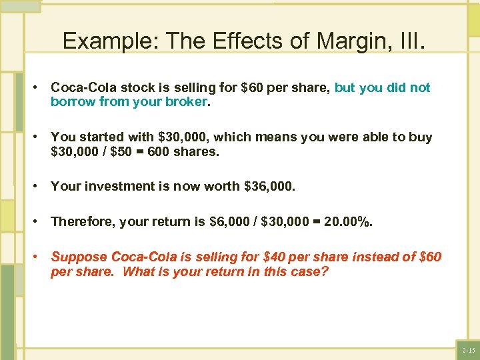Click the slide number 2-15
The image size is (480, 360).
pos(467,350)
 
